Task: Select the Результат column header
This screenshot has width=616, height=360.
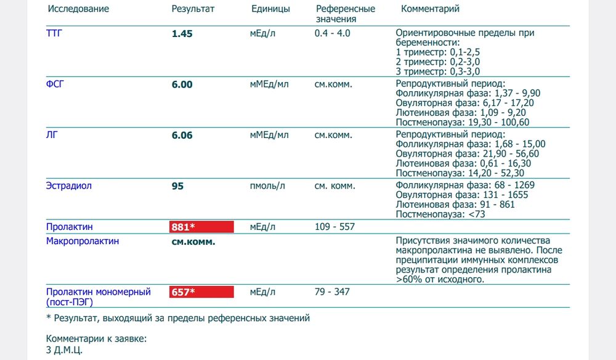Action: pyautogui.click(x=193, y=9)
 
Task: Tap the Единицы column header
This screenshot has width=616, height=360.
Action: pyautogui.click(x=270, y=9)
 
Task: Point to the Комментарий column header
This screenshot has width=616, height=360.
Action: pyautogui.click(x=430, y=9)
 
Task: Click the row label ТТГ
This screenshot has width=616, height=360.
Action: pyautogui.click(x=55, y=33)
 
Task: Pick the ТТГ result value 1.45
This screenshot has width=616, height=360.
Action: pyautogui.click(x=182, y=34)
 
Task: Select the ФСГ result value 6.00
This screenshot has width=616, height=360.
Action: pyautogui.click(x=182, y=84)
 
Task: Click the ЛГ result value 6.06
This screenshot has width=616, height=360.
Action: pyautogui.click(x=182, y=135)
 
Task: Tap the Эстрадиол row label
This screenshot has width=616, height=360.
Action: pyautogui.click(x=69, y=186)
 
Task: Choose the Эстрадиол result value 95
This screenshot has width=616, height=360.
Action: pyautogui.click(x=177, y=186)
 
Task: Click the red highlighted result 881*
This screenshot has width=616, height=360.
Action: pyautogui.click(x=201, y=227)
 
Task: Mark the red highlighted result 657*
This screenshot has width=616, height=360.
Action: pyautogui.click(x=201, y=292)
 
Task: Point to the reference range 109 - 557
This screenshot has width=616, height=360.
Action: pyautogui.click(x=334, y=227)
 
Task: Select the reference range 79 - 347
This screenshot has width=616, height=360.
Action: pyautogui.click(x=332, y=292)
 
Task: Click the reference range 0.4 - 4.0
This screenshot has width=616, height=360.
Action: pyautogui.click(x=332, y=33)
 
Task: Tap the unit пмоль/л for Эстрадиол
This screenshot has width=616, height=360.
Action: pyautogui.click(x=267, y=186)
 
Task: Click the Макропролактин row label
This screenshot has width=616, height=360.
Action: pyautogui.click(x=83, y=241)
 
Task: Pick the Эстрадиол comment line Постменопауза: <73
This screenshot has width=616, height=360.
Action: pyautogui.click(x=442, y=214)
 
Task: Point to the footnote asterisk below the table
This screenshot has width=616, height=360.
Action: pyautogui.click(x=49, y=319)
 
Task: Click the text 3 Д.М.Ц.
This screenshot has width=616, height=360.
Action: pyautogui.click(x=64, y=350)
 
